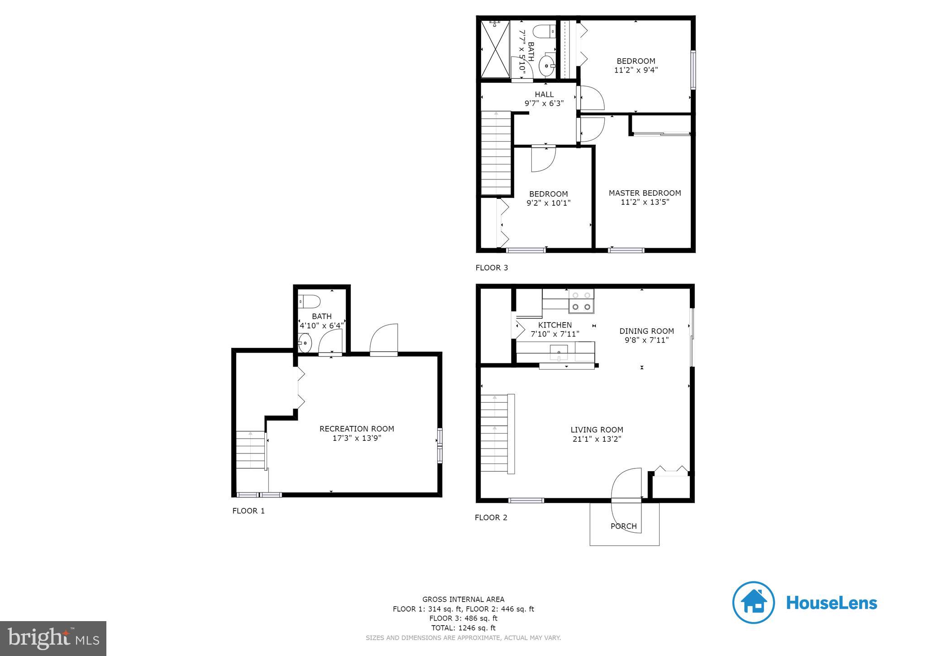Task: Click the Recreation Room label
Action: [357, 429]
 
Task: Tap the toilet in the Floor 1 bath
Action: [311, 301]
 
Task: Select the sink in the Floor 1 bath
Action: [305, 343]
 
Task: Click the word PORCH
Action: [623, 526]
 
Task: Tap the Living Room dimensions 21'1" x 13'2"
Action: [597, 439]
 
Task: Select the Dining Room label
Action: [646, 331]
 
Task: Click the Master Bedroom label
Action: [645, 193]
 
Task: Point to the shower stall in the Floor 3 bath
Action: [495, 49]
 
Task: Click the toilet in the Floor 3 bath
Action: [542, 32]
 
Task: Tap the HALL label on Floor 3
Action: [544, 94]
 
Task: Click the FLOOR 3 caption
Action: [492, 268]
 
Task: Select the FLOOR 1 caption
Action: [248, 511]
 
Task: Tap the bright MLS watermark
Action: [53, 638]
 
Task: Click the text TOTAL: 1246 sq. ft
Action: [463, 628]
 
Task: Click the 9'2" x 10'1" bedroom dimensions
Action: [548, 203]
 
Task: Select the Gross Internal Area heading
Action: [463, 599]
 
